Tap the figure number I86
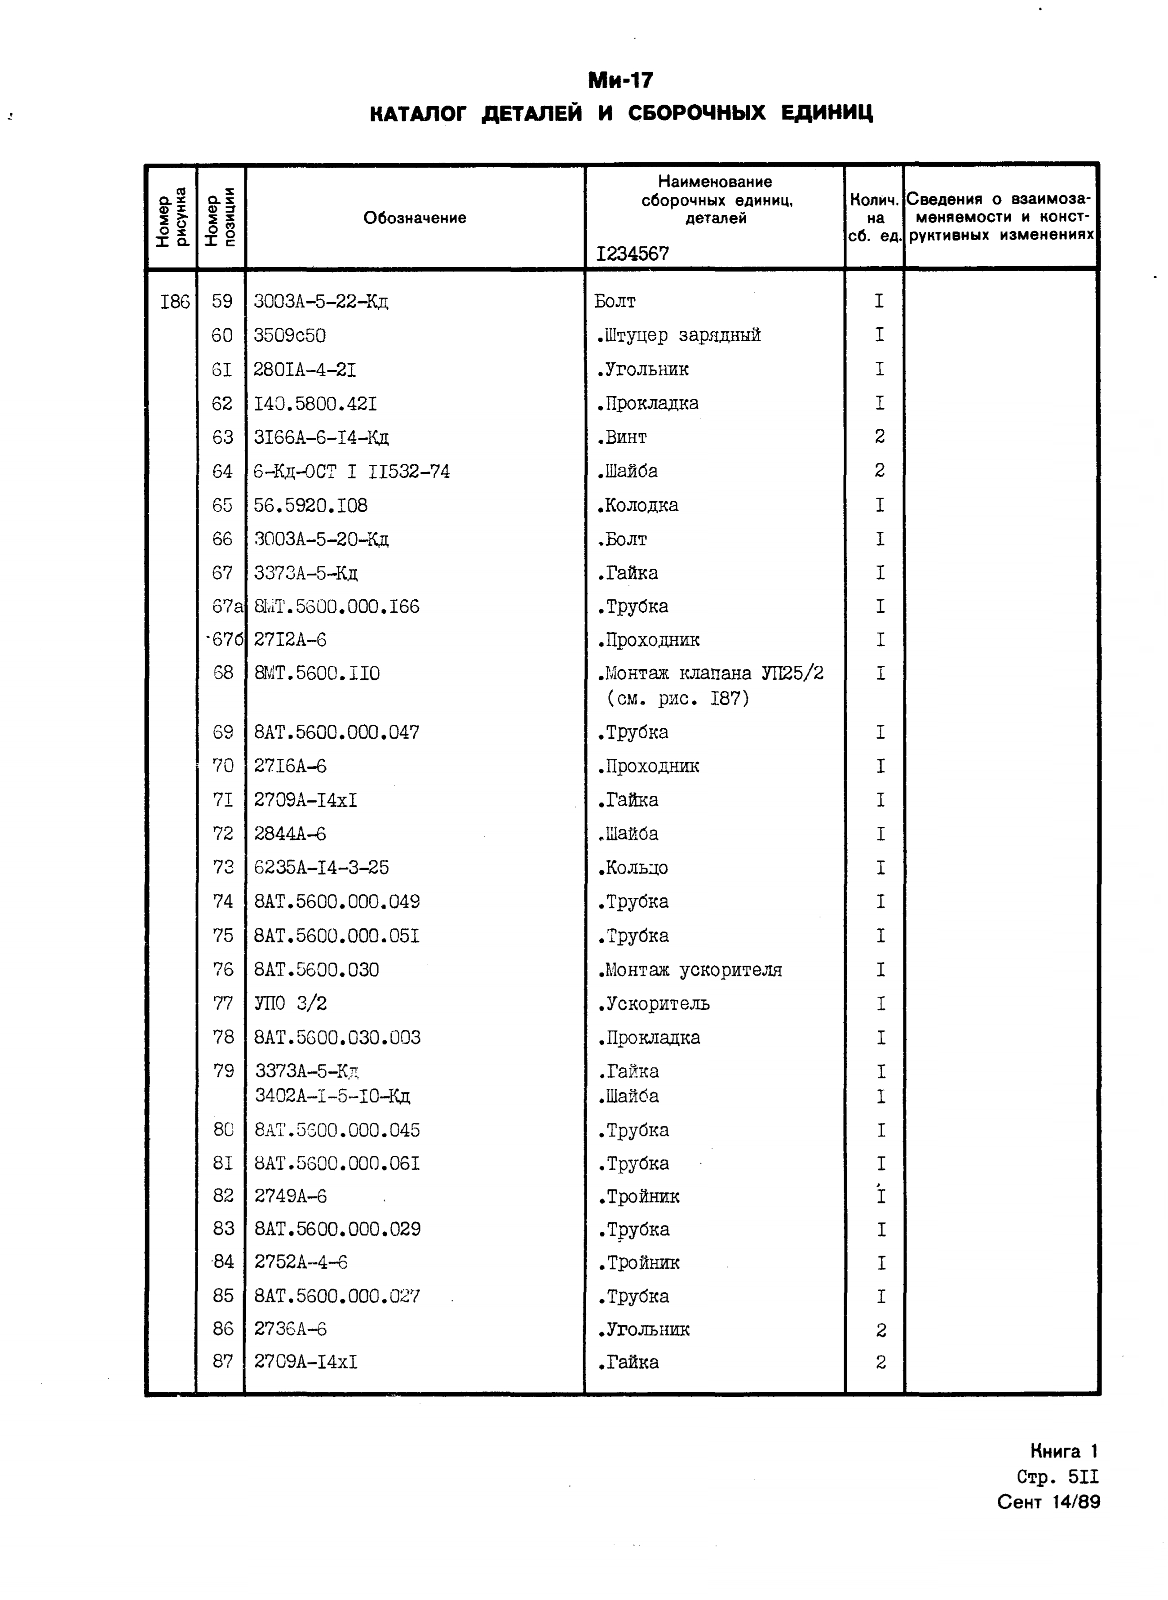click(x=175, y=302)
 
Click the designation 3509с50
click(x=290, y=335)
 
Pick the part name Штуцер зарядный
click(x=679, y=335)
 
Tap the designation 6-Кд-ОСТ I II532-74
click(x=351, y=471)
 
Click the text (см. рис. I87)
click(x=677, y=699)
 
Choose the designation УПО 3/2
click(x=291, y=1004)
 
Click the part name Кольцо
click(x=633, y=868)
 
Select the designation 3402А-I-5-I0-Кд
click(x=332, y=1096)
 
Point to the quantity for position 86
click(x=880, y=1330)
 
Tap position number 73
click(x=223, y=868)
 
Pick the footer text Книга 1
click(x=1063, y=1452)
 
